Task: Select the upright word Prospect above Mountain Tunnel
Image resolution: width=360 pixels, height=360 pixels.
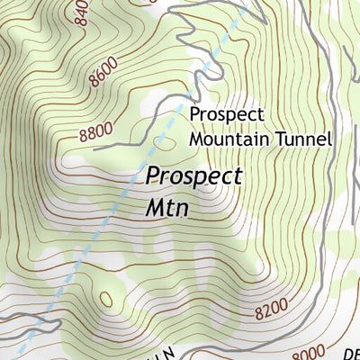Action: point(226,115)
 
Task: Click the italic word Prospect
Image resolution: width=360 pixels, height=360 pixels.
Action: point(193,176)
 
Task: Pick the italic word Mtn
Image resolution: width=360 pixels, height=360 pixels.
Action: point(169,207)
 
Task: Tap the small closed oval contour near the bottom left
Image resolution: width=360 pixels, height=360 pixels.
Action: point(106,299)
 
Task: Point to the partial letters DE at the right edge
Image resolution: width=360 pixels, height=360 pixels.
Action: point(352,352)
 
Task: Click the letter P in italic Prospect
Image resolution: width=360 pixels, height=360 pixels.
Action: point(153,175)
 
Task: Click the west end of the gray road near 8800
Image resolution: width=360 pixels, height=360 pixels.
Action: point(94,145)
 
